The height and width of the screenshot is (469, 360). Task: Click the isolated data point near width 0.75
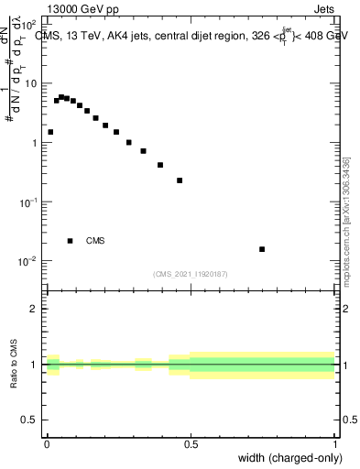coord(262,249)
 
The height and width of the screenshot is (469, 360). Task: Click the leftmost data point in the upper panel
coord(50,132)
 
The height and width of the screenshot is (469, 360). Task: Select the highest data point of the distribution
coord(61,96)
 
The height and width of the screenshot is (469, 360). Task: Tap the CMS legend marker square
coord(70,241)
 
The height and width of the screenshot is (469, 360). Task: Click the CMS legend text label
coord(95,241)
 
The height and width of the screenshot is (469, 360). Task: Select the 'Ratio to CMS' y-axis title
coord(15,365)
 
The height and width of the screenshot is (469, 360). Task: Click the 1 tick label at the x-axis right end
coord(335,444)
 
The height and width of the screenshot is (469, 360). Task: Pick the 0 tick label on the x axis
coord(46,444)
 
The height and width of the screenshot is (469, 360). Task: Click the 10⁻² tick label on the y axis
coord(27,261)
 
